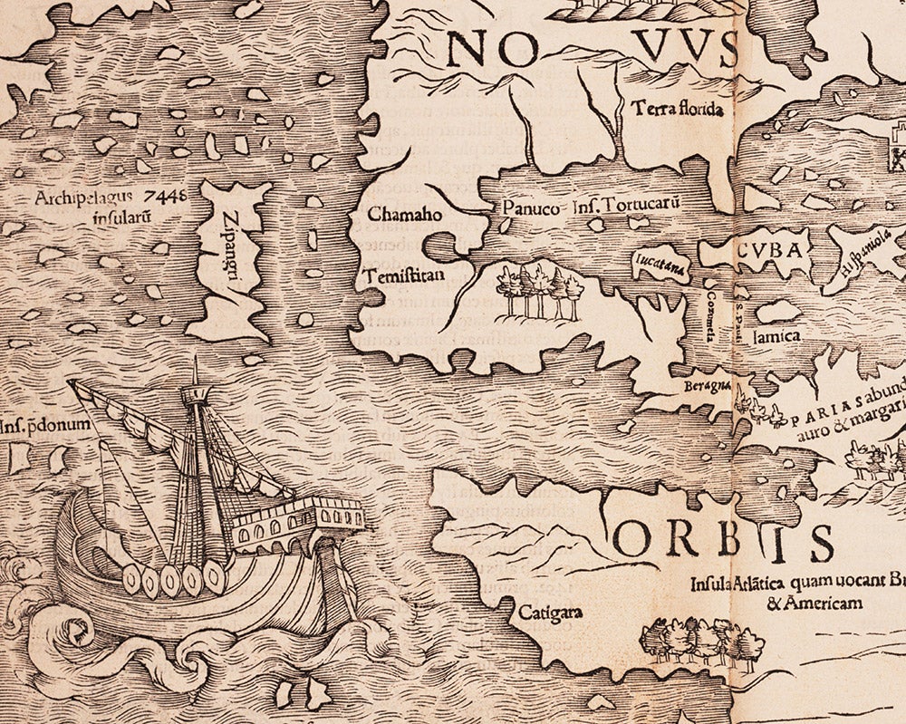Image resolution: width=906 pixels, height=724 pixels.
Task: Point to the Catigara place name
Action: [549, 612]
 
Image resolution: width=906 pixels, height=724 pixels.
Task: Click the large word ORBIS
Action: [725, 543]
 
